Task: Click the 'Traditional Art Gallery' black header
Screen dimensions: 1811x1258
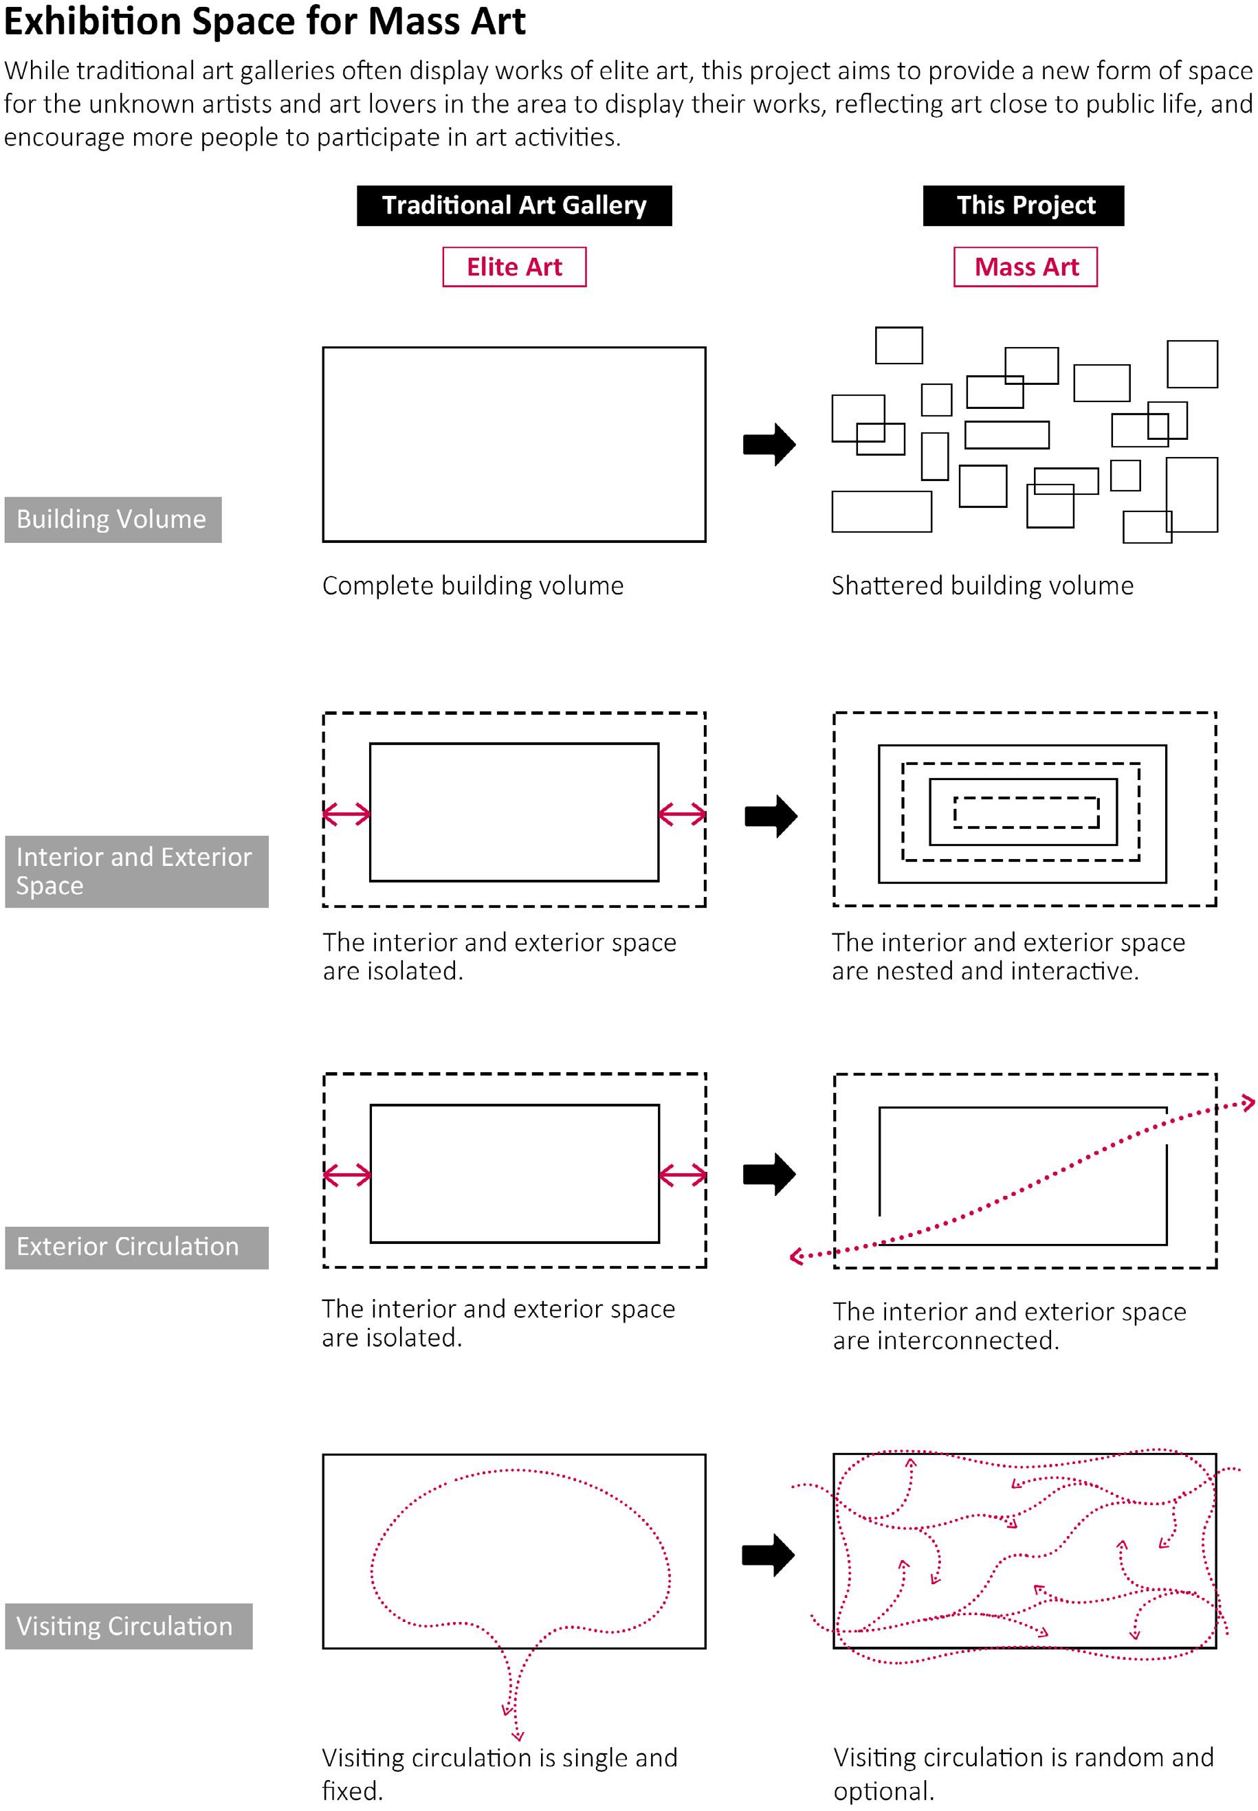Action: (514, 205)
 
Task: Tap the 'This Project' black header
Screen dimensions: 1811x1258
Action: (1023, 205)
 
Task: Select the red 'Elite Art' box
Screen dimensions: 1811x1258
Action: (514, 267)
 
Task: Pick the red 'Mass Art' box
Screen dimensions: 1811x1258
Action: (1025, 267)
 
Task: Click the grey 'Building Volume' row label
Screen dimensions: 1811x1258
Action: (113, 520)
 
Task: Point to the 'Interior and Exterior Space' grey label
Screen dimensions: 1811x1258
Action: (136, 871)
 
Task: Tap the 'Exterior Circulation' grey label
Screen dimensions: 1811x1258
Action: (136, 1247)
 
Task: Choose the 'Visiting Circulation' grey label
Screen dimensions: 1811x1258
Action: (129, 1626)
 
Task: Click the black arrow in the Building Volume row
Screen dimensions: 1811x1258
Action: (769, 445)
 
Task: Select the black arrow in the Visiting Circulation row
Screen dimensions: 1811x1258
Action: (769, 1555)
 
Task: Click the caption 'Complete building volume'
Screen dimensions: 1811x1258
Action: (473, 586)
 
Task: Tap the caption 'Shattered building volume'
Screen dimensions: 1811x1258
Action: (982, 586)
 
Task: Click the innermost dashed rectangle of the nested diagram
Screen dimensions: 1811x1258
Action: (1026, 812)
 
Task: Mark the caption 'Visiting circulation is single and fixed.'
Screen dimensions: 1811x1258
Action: (500, 1773)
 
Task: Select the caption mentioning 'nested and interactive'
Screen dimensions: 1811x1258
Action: (1008, 956)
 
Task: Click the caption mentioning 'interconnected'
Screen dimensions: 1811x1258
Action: (1009, 1326)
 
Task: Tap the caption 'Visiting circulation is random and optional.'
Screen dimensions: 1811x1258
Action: (1023, 1773)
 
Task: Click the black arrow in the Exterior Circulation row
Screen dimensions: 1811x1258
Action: (769, 1175)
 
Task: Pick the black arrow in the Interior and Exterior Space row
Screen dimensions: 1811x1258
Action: (770, 816)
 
